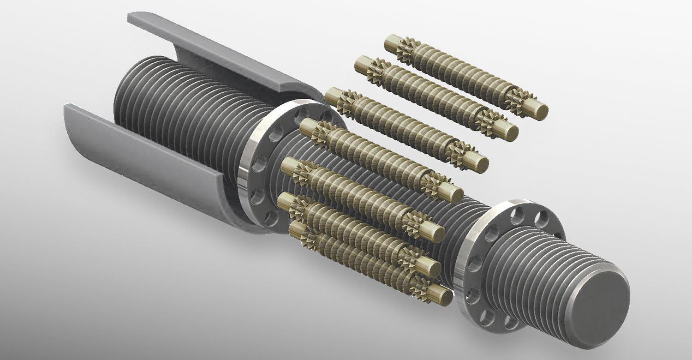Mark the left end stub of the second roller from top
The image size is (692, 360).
tap(362, 62)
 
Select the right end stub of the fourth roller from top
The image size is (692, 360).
tap(454, 192)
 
